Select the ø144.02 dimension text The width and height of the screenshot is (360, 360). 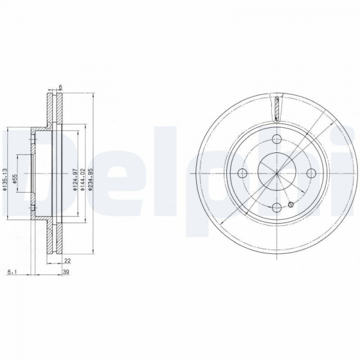click(x=82, y=180)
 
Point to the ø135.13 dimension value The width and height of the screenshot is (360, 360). click(x=5, y=180)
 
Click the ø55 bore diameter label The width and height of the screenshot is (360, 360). click(x=14, y=179)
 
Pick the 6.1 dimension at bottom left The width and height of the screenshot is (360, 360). click(x=11, y=272)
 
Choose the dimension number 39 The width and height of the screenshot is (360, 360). click(x=66, y=272)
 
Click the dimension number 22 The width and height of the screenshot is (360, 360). click(x=67, y=261)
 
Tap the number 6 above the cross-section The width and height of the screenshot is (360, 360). click(x=61, y=87)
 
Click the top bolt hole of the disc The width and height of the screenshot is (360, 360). click(x=277, y=139)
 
